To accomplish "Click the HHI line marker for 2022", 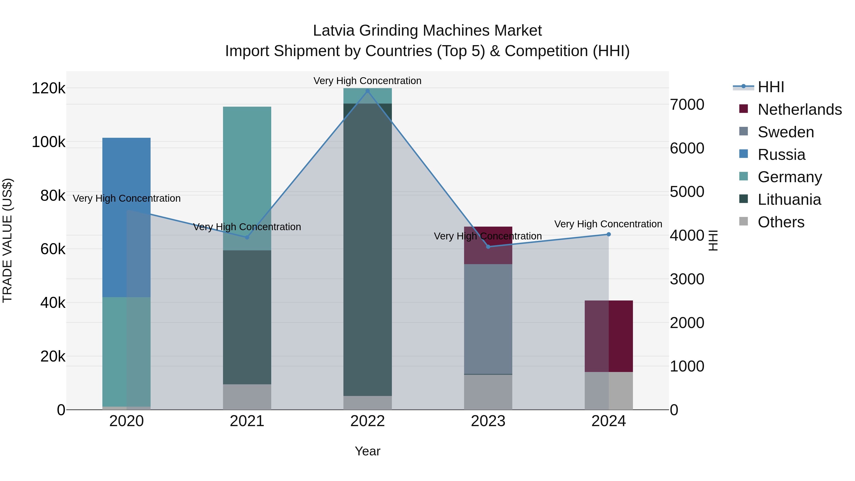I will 367,91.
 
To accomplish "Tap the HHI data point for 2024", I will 609,234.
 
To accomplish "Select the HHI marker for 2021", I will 247,237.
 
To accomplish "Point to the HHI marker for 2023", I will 488,247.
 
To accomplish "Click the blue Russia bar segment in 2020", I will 126,216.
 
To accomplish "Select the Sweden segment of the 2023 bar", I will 488,319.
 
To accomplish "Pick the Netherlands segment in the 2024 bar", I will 609,335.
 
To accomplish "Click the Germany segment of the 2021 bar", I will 247,176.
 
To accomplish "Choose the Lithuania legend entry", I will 789,200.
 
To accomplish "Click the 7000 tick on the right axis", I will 687,105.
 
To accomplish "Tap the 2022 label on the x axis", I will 367,421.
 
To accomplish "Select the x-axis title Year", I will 367,451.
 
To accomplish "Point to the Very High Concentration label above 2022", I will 367,81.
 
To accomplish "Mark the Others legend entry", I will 781,222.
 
